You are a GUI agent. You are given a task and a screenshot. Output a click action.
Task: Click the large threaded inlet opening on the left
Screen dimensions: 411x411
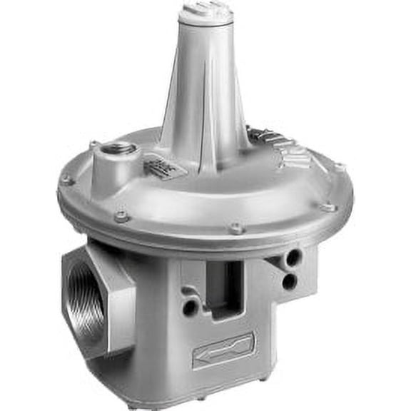point(86,303)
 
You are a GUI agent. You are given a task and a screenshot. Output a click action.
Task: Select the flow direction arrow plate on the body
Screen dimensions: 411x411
point(223,350)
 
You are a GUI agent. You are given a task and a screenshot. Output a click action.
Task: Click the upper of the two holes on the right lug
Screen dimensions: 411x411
point(293,257)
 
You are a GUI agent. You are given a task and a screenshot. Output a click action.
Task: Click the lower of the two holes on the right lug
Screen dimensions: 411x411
point(289,281)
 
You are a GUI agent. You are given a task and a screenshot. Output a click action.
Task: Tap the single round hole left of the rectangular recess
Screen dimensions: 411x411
point(190,307)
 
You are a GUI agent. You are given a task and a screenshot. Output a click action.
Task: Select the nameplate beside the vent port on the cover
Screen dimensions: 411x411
point(165,170)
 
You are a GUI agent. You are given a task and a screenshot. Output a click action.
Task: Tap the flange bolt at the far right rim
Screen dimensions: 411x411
point(329,208)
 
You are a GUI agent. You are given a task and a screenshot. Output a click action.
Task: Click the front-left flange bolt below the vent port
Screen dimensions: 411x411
point(122,216)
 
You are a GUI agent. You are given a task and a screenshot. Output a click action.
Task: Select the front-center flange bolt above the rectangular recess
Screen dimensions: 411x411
point(236,229)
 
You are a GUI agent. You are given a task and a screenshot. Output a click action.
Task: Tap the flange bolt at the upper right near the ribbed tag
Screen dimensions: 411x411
point(339,166)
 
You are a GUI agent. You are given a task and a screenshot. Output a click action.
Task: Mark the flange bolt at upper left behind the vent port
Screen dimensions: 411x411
point(94,145)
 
